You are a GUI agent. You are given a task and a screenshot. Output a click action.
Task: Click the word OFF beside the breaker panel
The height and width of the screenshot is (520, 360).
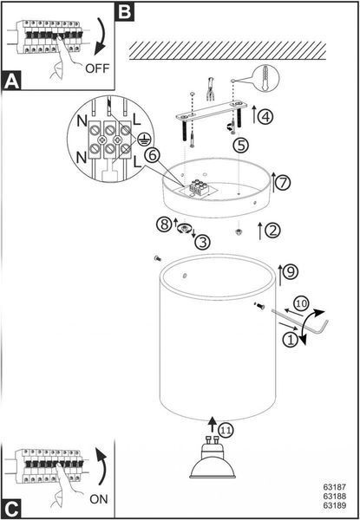click(97, 68)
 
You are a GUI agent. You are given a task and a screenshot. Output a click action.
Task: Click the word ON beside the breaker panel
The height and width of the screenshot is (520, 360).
click(99, 499)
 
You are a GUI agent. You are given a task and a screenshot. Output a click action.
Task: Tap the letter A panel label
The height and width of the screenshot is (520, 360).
click(12, 81)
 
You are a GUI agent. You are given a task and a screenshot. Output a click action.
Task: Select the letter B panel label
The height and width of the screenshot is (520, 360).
click(124, 11)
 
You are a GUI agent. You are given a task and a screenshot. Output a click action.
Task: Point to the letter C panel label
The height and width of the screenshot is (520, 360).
click(12, 509)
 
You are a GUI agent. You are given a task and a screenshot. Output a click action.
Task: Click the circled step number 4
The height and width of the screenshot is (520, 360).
click(265, 117)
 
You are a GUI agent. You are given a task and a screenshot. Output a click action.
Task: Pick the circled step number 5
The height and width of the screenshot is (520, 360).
click(243, 146)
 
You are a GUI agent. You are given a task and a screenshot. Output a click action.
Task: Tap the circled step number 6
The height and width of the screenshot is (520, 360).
click(153, 156)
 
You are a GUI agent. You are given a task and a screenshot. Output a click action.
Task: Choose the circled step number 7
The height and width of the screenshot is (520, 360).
click(283, 183)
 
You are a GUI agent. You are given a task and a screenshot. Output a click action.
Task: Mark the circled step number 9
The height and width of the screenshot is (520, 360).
click(290, 272)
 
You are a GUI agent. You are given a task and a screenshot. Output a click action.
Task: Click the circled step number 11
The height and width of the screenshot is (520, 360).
click(226, 430)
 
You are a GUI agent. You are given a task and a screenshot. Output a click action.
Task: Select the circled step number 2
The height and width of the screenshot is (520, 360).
click(272, 231)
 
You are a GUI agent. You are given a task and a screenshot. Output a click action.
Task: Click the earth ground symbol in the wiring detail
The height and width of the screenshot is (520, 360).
click(142, 140)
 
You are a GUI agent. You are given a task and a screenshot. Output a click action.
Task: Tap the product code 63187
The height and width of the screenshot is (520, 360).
click(335, 487)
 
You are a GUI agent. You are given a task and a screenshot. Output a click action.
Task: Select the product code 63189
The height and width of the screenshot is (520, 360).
click(335, 505)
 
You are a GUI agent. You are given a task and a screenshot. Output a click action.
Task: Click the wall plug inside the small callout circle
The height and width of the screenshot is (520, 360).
click(267, 78)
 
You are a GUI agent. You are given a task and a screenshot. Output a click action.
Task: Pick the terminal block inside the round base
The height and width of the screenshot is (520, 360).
click(198, 190)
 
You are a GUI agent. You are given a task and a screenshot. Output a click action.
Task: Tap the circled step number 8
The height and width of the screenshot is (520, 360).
click(164, 224)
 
